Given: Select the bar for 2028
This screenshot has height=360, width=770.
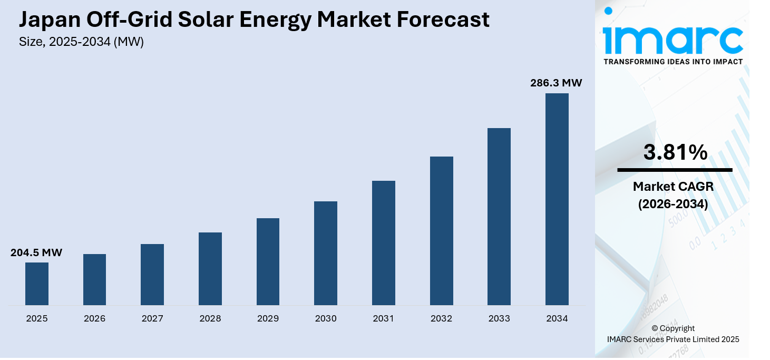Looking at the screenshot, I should (x=210, y=269).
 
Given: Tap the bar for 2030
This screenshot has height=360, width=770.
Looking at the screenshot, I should (x=326, y=253).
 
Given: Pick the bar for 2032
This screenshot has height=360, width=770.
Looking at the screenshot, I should (x=441, y=231).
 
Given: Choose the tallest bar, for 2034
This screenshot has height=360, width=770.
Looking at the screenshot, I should (x=557, y=199).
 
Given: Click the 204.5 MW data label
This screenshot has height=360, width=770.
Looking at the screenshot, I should (x=36, y=253).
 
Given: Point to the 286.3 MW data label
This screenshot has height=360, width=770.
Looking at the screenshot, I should (x=556, y=83).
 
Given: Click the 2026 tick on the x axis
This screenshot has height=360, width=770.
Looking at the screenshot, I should (x=95, y=319).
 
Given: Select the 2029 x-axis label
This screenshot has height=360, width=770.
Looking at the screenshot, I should (x=268, y=319).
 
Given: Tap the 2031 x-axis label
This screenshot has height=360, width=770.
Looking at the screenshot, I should (x=383, y=319).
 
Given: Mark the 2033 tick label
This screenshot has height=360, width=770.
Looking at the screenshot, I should (x=499, y=319).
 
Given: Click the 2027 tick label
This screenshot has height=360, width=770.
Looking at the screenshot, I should (x=152, y=319).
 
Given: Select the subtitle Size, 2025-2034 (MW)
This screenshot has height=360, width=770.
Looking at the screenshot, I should (x=81, y=42).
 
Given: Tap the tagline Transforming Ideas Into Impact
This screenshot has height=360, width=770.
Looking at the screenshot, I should (x=673, y=62).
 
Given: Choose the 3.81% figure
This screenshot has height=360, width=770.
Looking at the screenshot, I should (x=675, y=152).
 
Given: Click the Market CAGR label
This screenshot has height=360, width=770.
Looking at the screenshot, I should (x=673, y=187).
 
